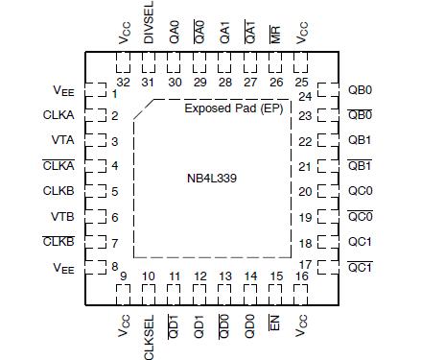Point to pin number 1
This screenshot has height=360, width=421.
point(113,93)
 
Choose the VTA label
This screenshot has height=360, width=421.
point(61,141)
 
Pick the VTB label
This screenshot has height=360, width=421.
point(61,215)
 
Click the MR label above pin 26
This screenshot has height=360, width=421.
point(275,34)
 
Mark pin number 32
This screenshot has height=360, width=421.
point(123,82)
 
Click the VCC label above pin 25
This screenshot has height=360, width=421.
point(303,34)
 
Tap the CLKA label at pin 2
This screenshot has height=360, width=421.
point(58,116)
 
